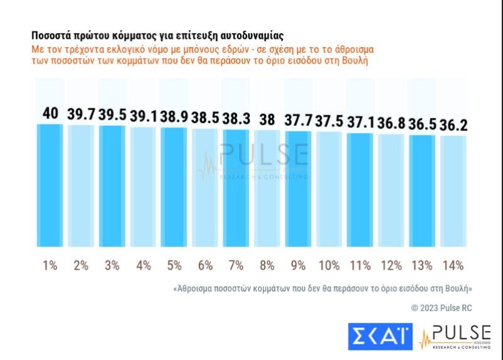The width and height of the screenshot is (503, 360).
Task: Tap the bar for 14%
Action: tap(453, 191)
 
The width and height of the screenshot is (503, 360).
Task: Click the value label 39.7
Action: tap(81, 115)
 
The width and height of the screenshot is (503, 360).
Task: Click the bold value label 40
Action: tap(50, 114)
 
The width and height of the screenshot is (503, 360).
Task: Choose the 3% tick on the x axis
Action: tap(112, 265)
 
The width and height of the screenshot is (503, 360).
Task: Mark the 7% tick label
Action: tap(236, 265)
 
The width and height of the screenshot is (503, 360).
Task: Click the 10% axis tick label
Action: tap(329, 265)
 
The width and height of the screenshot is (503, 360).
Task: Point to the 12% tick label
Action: tap(391, 265)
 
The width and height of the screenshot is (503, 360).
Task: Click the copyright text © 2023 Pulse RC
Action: tap(441, 308)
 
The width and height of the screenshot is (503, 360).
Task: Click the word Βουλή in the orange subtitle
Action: tap(353, 61)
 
